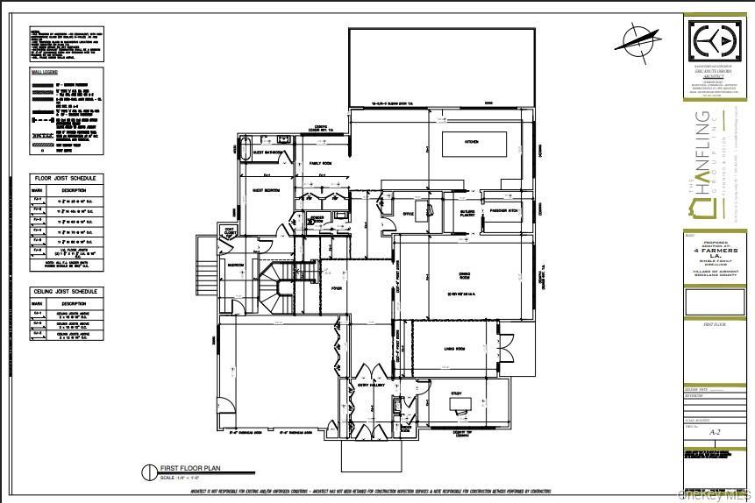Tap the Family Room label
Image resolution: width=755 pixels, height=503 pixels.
(x=319, y=164)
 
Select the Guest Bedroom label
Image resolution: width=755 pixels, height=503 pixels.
(x=266, y=188)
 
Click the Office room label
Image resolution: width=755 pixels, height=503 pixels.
(x=407, y=213)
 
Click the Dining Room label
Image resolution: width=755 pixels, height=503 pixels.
(x=466, y=274)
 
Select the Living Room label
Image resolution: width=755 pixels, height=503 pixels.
(x=453, y=348)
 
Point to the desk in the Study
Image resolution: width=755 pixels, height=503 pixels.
(x=459, y=403)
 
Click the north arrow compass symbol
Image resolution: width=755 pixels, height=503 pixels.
(x=640, y=39)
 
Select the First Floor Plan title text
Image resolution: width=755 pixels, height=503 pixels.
(x=185, y=468)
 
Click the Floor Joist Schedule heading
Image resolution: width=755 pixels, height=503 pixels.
(x=66, y=178)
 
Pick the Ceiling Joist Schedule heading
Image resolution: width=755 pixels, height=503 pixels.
(x=66, y=292)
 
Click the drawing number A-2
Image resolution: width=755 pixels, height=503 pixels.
(x=715, y=432)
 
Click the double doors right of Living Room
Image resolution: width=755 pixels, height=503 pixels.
(x=503, y=346)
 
